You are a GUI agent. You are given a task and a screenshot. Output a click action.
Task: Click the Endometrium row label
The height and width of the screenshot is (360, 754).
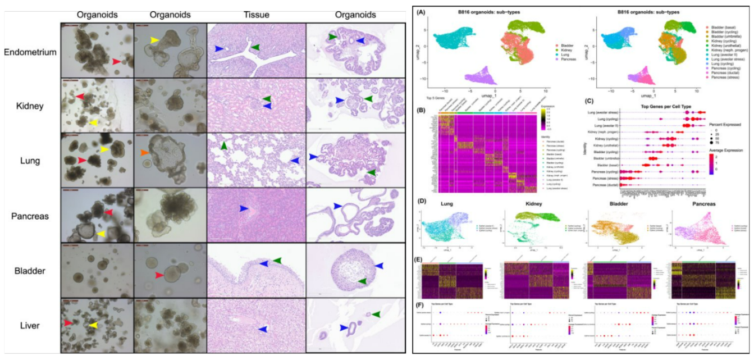[30, 52]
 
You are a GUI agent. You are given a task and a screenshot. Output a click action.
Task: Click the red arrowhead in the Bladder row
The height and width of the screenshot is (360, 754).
[160, 275]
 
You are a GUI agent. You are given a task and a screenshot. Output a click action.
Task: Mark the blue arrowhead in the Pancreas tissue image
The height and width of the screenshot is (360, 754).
[244, 208]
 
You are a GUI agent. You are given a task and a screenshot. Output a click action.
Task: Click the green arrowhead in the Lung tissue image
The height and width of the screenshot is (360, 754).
[224, 145]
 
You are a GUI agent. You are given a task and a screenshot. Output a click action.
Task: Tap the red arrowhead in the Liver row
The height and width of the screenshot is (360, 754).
[68, 323]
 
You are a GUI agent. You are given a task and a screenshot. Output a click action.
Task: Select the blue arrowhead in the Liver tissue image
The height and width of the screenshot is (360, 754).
[263, 329]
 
